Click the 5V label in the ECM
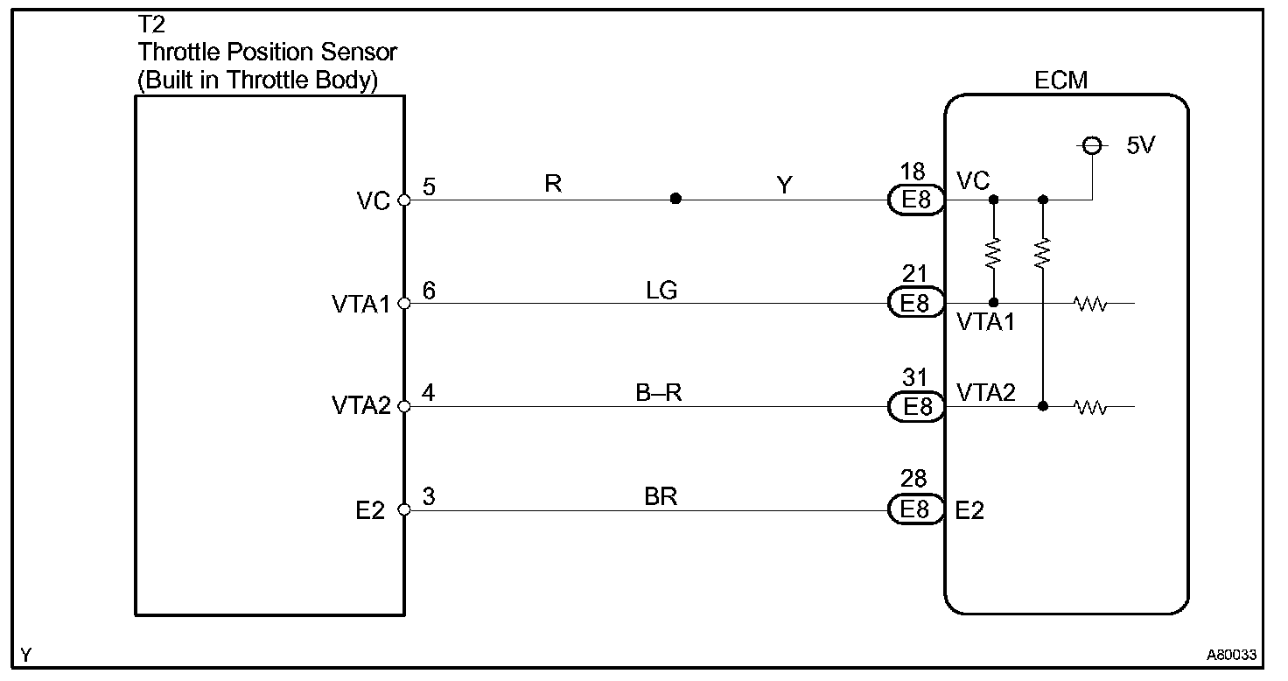pyautogui.click(x=1140, y=146)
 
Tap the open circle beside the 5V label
pyautogui.click(x=1091, y=146)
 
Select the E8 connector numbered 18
pyautogui.click(x=915, y=200)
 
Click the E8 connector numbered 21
pyautogui.click(x=915, y=304)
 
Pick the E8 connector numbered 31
pyautogui.click(x=915, y=406)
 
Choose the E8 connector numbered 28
pyautogui.click(x=915, y=509)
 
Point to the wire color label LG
pyautogui.click(x=661, y=290)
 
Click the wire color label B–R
pyautogui.click(x=658, y=393)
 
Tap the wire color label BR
pyautogui.click(x=661, y=496)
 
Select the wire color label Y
pyautogui.click(x=785, y=185)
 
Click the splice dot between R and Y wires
pyautogui.click(x=675, y=200)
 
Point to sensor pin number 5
pyautogui.click(x=429, y=186)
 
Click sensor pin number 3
pyautogui.click(x=429, y=496)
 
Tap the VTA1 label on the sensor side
pyautogui.click(x=360, y=305)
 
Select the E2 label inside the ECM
pyautogui.click(x=969, y=509)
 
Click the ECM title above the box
pyautogui.click(x=1060, y=81)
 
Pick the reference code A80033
pyautogui.click(x=1231, y=655)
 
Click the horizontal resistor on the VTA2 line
pyautogui.click(x=1091, y=407)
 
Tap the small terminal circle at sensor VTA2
pyautogui.click(x=404, y=406)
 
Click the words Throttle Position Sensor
pyautogui.click(x=267, y=53)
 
